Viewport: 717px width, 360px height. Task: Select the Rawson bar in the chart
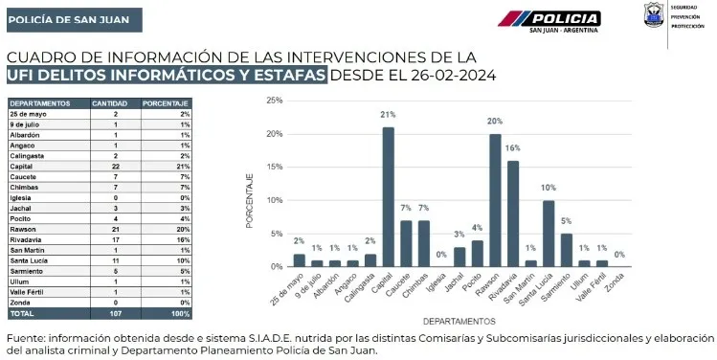(x=495, y=200)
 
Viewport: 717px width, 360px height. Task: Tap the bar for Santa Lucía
(x=549, y=233)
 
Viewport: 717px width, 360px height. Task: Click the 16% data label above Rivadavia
(x=513, y=149)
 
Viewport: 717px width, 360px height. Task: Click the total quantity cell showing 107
(x=115, y=313)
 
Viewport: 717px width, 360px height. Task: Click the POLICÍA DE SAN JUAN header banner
(x=60, y=19)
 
